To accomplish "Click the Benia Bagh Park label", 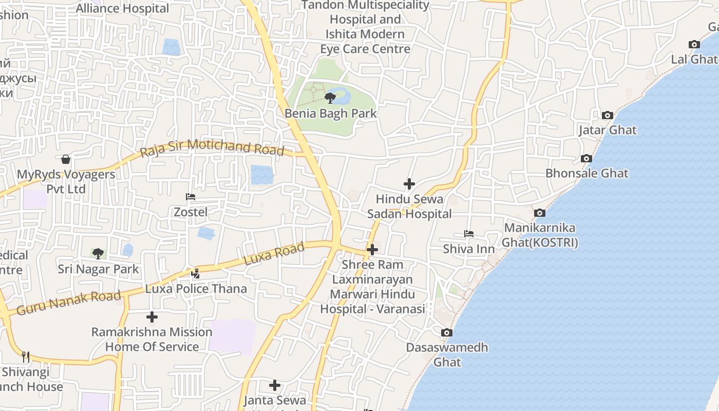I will [x=331, y=114].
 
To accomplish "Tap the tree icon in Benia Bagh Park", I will [x=330, y=98].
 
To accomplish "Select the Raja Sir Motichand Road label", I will [x=212, y=147].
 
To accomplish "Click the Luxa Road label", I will [x=274, y=254].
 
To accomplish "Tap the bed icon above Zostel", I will [x=191, y=197].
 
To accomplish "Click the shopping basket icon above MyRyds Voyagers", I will [x=66, y=159].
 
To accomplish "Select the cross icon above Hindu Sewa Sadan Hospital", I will [x=409, y=184].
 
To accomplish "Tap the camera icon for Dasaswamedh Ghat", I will [x=447, y=333].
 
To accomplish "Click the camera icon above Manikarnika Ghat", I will [x=539, y=213].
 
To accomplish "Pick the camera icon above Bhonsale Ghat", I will [x=586, y=159].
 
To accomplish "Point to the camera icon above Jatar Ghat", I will [x=608, y=116].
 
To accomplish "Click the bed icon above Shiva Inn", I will [x=469, y=234].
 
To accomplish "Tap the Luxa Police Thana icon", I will [x=196, y=274].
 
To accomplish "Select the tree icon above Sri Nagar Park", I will [x=98, y=253].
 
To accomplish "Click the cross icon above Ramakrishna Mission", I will [x=152, y=317].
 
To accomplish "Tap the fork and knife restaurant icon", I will [x=26, y=357].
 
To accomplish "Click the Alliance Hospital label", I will [x=122, y=8].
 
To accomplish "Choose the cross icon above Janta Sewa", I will [x=275, y=385].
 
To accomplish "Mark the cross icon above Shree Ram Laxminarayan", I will [x=372, y=250].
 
